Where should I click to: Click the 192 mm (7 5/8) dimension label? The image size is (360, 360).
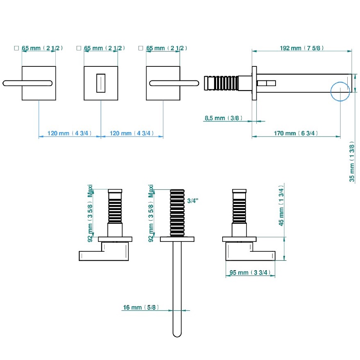tap(302, 48)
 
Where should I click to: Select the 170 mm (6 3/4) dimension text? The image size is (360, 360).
tap(296, 133)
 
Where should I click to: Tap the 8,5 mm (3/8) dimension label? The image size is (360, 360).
tap(224, 118)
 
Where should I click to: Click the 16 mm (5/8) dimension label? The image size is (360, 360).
tap(141, 308)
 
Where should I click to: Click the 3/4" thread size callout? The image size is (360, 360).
tap(193, 201)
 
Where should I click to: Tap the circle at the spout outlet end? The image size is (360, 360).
tap(340, 91)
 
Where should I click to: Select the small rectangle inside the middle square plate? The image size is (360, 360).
tap(100, 83)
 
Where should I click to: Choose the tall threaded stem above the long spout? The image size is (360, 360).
tap(177, 212)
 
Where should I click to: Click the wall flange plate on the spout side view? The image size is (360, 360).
tap(255, 83)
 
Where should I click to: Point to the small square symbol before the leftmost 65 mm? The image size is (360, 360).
tap(16, 48)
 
